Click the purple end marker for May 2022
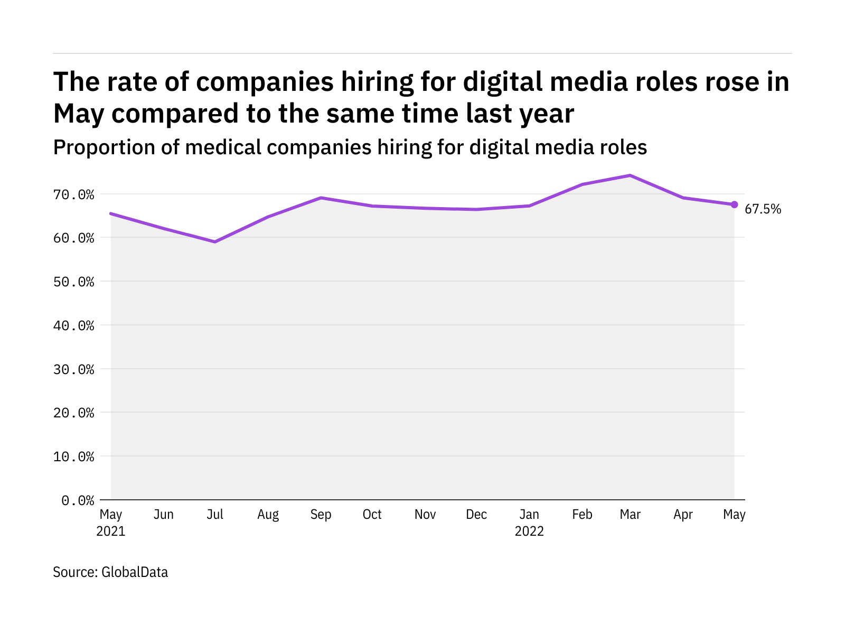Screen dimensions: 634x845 (734, 204)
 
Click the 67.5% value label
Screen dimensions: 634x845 (763, 209)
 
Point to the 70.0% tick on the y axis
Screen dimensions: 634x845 (73, 195)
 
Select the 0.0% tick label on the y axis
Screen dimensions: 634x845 (78, 500)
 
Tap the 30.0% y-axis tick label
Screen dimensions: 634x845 (73, 369)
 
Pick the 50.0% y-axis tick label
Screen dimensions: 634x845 (73, 282)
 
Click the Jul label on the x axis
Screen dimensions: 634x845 (215, 515)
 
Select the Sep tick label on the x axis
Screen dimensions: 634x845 (321, 515)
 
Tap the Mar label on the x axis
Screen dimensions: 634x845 (630, 515)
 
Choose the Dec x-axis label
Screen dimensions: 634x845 (476, 515)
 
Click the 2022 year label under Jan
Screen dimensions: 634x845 (529, 532)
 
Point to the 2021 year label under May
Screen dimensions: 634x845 (111, 532)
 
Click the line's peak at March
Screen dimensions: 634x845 (630, 175)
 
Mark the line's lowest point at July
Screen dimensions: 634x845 (215, 242)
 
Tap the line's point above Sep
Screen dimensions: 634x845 (321, 198)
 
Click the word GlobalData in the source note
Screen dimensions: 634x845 (135, 572)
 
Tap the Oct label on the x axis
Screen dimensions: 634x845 (372, 515)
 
